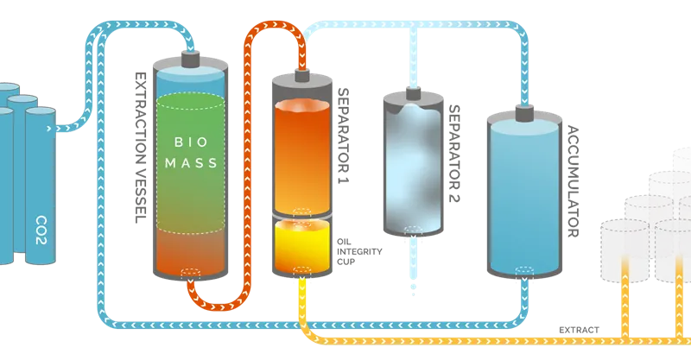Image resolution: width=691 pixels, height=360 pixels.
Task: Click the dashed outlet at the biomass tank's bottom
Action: pos(190,275)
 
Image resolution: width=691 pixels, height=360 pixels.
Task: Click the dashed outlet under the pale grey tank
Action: pos(414,234)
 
